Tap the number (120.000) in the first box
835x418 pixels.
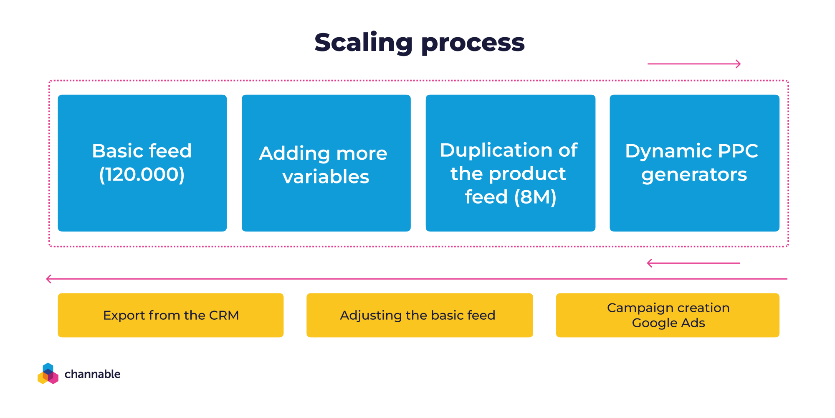[142, 175]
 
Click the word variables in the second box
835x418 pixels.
[326, 177]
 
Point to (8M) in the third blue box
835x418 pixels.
[535, 197]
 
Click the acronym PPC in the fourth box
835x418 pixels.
[738, 151]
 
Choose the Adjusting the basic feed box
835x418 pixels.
[419, 315]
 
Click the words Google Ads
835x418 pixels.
[668, 323]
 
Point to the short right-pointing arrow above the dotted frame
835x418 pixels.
[694, 64]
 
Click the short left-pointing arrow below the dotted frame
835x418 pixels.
[693, 263]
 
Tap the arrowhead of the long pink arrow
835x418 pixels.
[49, 279]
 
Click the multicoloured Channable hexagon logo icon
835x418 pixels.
[48, 374]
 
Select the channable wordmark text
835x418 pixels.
[92, 374]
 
